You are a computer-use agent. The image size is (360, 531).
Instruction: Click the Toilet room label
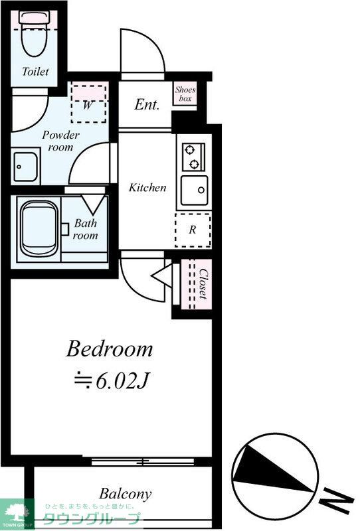tap(35, 71)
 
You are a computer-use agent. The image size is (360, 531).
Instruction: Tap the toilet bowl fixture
tap(35, 34)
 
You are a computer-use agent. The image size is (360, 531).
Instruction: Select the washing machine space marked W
tap(88, 104)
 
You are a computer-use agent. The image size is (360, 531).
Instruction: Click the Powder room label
tap(60, 141)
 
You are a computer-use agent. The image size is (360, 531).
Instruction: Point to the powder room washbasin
tap(26, 167)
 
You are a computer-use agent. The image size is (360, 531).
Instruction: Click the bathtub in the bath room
tap(40, 229)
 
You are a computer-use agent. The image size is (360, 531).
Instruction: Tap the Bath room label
tap(86, 229)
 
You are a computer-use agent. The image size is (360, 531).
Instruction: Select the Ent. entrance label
tap(146, 104)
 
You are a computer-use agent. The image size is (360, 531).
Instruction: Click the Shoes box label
tap(185, 94)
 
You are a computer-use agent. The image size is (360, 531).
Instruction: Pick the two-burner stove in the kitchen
tap(193, 157)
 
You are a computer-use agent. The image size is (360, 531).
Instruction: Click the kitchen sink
tap(194, 190)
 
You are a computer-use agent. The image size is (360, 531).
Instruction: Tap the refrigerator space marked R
tap(193, 230)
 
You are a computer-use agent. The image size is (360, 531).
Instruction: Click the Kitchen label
tap(147, 187)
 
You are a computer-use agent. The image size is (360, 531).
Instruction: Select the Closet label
tap(203, 284)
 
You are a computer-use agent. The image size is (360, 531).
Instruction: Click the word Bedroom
tap(109, 349)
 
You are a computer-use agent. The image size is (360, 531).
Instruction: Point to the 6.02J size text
tap(112, 381)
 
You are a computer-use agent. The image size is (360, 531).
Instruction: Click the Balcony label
tap(126, 494)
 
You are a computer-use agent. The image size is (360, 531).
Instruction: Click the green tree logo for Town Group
tap(16, 513)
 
